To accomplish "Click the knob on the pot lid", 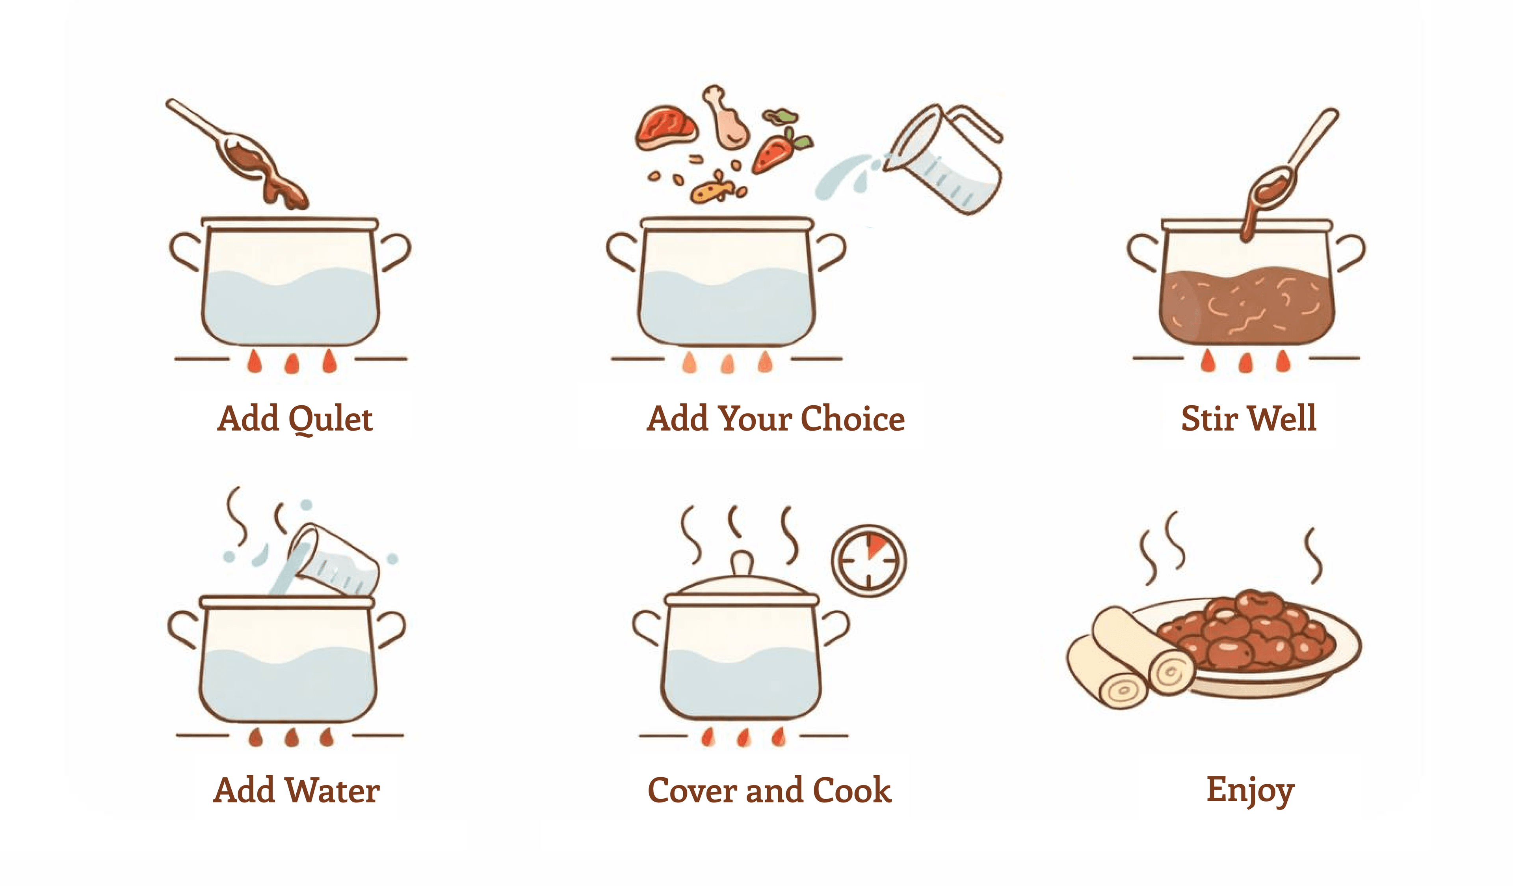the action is pyautogui.click(x=742, y=563).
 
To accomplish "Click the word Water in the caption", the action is pyautogui.click(x=333, y=791).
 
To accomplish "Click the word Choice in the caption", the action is pyautogui.click(x=853, y=419).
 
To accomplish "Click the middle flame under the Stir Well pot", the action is pyautogui.click(x=1246, y=363).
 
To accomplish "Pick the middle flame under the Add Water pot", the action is pyautogui.click(x=292, y=738).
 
